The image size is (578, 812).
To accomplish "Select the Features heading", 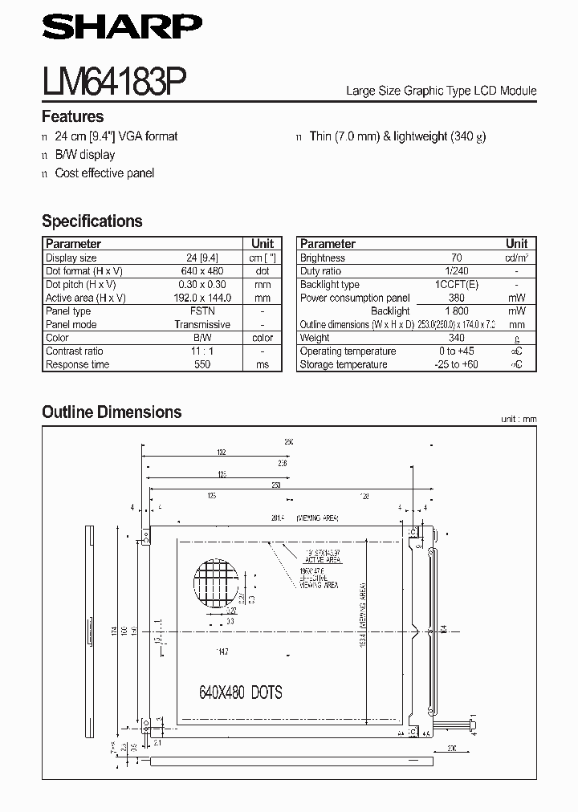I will tap(72, 116).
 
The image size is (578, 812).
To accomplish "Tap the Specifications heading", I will tap(92, 221).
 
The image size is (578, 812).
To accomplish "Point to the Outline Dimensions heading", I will tap(112, 412).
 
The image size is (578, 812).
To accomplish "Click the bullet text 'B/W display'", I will tap(84, 154).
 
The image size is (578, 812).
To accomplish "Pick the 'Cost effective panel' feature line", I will tap(104, 173).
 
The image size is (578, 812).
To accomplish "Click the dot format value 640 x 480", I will tap(202, 271).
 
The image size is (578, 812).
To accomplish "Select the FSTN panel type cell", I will tap(202, 311).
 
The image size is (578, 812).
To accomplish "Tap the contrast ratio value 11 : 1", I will tap(202, 351).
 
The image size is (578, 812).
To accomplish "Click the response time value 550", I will tap(202, 364).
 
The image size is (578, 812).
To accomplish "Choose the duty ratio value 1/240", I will tap(457, 271).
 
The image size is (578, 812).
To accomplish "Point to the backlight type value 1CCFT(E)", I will tap(457, 285).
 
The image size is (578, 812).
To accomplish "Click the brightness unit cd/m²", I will tap(516, 258).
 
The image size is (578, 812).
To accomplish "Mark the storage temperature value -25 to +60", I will tap(457, 364).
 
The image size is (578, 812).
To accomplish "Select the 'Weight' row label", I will tap(315, 338).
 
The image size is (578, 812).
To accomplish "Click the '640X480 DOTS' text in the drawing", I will tap(240, 692).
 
